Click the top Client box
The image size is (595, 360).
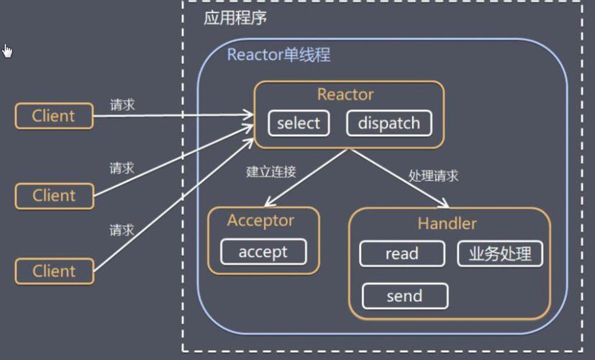tap(54, 116)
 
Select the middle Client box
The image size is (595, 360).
tap(54, 195)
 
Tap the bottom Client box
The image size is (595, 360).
tap(54, 271)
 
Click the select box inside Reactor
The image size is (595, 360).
tap(298, 123)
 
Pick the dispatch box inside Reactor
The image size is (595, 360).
tap(389, 123)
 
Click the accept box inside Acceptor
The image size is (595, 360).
tap(263, 252)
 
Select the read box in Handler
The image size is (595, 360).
tap(401, 253)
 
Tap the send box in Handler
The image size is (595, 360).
tap(404, 296)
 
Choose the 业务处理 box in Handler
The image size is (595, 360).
tap(500, 253)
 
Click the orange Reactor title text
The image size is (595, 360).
tap(345, 95)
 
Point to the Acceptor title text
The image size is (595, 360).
tap(261, 220)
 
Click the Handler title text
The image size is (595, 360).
tap(447, 224)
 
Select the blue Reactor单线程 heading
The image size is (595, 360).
tap(278, 55)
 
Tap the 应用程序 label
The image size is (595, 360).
tap(235, 18)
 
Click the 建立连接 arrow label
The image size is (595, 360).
tap(271, 172)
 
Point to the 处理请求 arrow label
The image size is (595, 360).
tap(433, 176)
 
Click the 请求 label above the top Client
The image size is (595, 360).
tap(122, 104)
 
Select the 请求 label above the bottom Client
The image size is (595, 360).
tap(122, 230)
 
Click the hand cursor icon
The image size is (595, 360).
tap(7, 50)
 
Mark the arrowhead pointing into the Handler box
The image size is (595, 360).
tap(447, 205)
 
